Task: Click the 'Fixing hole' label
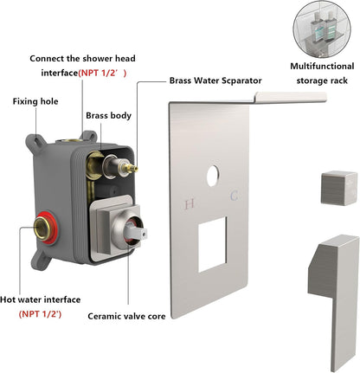tap(36, 101)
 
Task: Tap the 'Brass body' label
tap(108, 115)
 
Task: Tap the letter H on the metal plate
tap(190, 205)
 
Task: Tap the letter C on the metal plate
tap(233, 197)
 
